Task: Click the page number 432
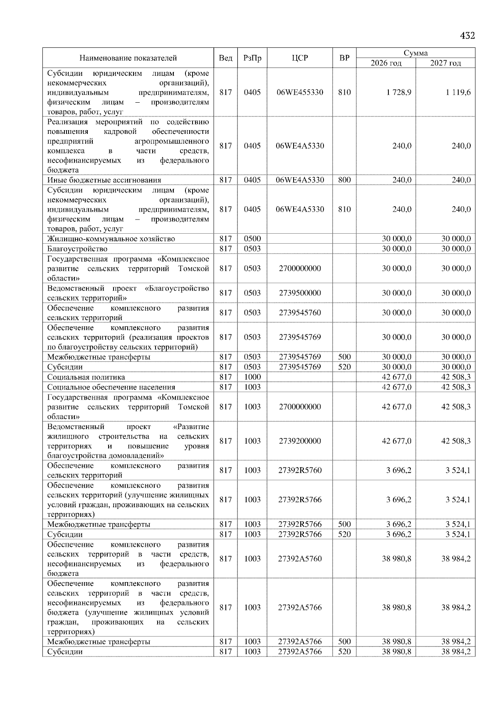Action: [467, 36]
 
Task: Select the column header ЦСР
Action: [300, 58]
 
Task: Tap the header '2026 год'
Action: [386, 63]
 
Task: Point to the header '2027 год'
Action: [445, 63]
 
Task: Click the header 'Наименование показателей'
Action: [128, 58]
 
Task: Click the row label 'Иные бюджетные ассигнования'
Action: [104, 180]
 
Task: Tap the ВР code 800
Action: [344, 180]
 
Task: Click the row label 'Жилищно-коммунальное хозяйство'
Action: [111, 239]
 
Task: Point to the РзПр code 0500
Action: [252, 239]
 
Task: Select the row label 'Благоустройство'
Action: [77, 249]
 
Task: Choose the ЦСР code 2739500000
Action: [300, 293]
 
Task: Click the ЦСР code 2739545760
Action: [300, 313]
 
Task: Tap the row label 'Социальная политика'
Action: [86, 377]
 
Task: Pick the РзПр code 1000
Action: [252, 377]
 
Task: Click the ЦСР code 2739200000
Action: [300, 441]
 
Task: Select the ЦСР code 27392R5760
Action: [300, 471]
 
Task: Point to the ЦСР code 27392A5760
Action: [300, 559]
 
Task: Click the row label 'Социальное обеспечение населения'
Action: [111, 387]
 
